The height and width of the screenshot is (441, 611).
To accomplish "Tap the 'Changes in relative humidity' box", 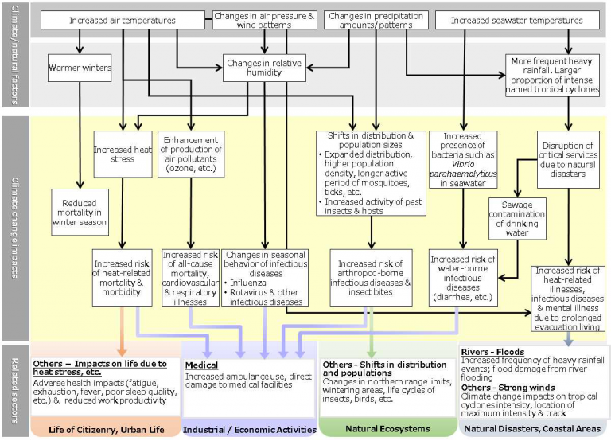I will click(x=265, y=68).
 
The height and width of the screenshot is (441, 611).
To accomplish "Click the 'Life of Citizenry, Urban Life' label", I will click(x=107, y=430).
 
